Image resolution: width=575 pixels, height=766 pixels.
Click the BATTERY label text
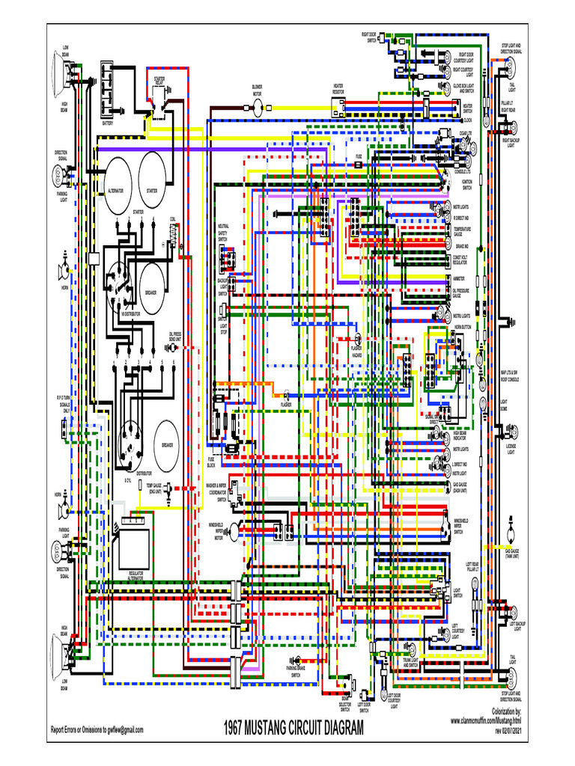(x=109, y=123)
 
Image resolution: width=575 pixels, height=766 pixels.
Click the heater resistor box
(x=338, y=107)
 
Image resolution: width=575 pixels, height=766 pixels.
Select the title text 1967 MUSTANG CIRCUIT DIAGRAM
(x=293, y=728)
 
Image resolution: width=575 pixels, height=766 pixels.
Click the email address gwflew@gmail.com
(x=124, y=729)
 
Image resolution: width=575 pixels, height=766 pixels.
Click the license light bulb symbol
(x=511, y=433)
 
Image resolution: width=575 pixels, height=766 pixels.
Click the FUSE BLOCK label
(x=212, y=462)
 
